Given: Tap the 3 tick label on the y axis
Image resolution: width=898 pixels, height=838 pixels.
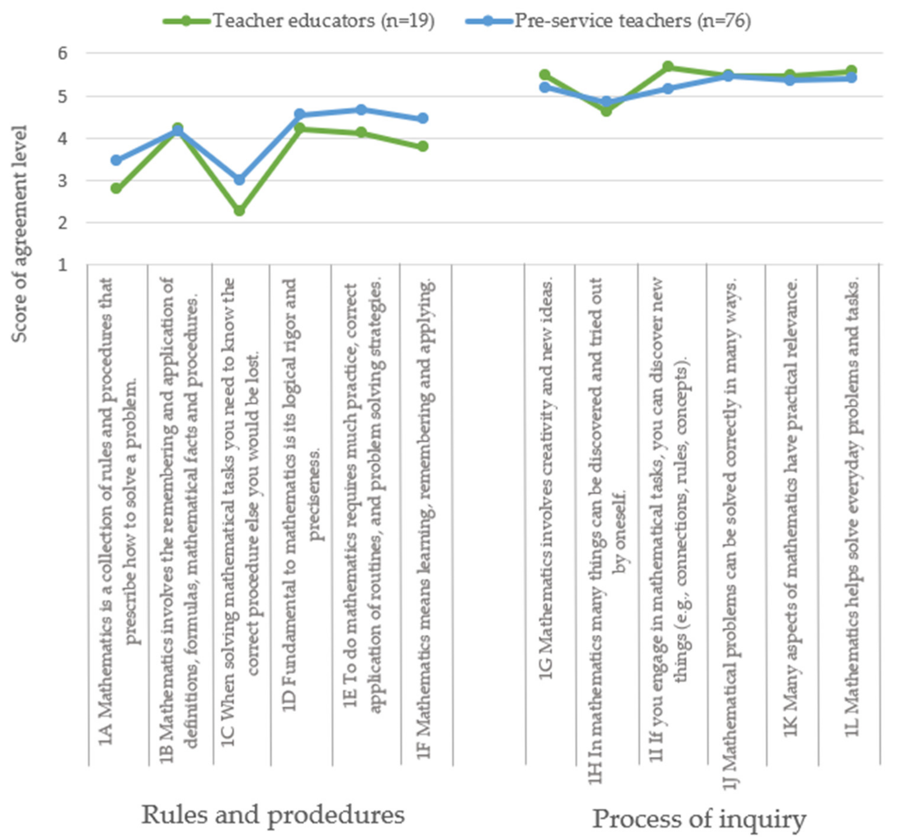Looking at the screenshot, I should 62,181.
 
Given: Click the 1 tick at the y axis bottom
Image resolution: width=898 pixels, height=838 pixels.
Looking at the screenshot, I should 62,265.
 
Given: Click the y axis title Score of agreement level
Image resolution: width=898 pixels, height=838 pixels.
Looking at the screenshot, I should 19,234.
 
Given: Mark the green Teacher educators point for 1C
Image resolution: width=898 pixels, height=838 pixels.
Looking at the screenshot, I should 239,210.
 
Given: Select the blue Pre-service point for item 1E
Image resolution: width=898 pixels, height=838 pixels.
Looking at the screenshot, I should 361,110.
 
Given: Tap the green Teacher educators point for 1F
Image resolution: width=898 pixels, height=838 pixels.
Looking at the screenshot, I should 423,146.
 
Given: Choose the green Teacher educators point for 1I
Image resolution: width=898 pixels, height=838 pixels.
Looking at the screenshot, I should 668,67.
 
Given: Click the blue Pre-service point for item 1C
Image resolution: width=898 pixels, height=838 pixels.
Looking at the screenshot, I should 239,180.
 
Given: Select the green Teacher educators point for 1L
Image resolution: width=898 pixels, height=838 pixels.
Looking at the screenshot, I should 851,70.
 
